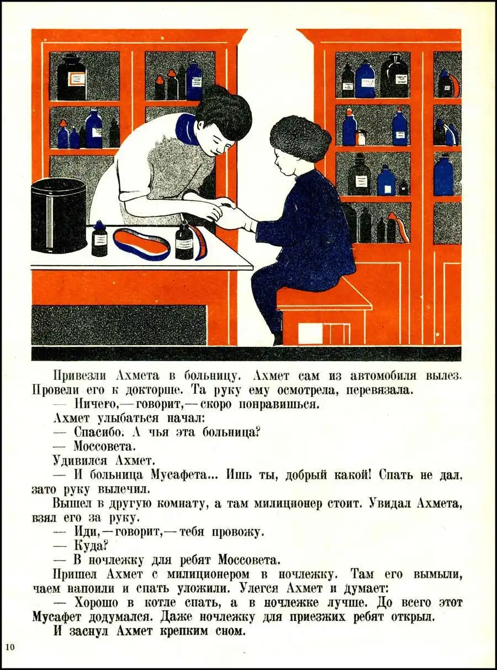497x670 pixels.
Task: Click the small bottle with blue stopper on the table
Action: (98, 238)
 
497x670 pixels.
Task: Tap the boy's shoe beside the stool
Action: (278, 339)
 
